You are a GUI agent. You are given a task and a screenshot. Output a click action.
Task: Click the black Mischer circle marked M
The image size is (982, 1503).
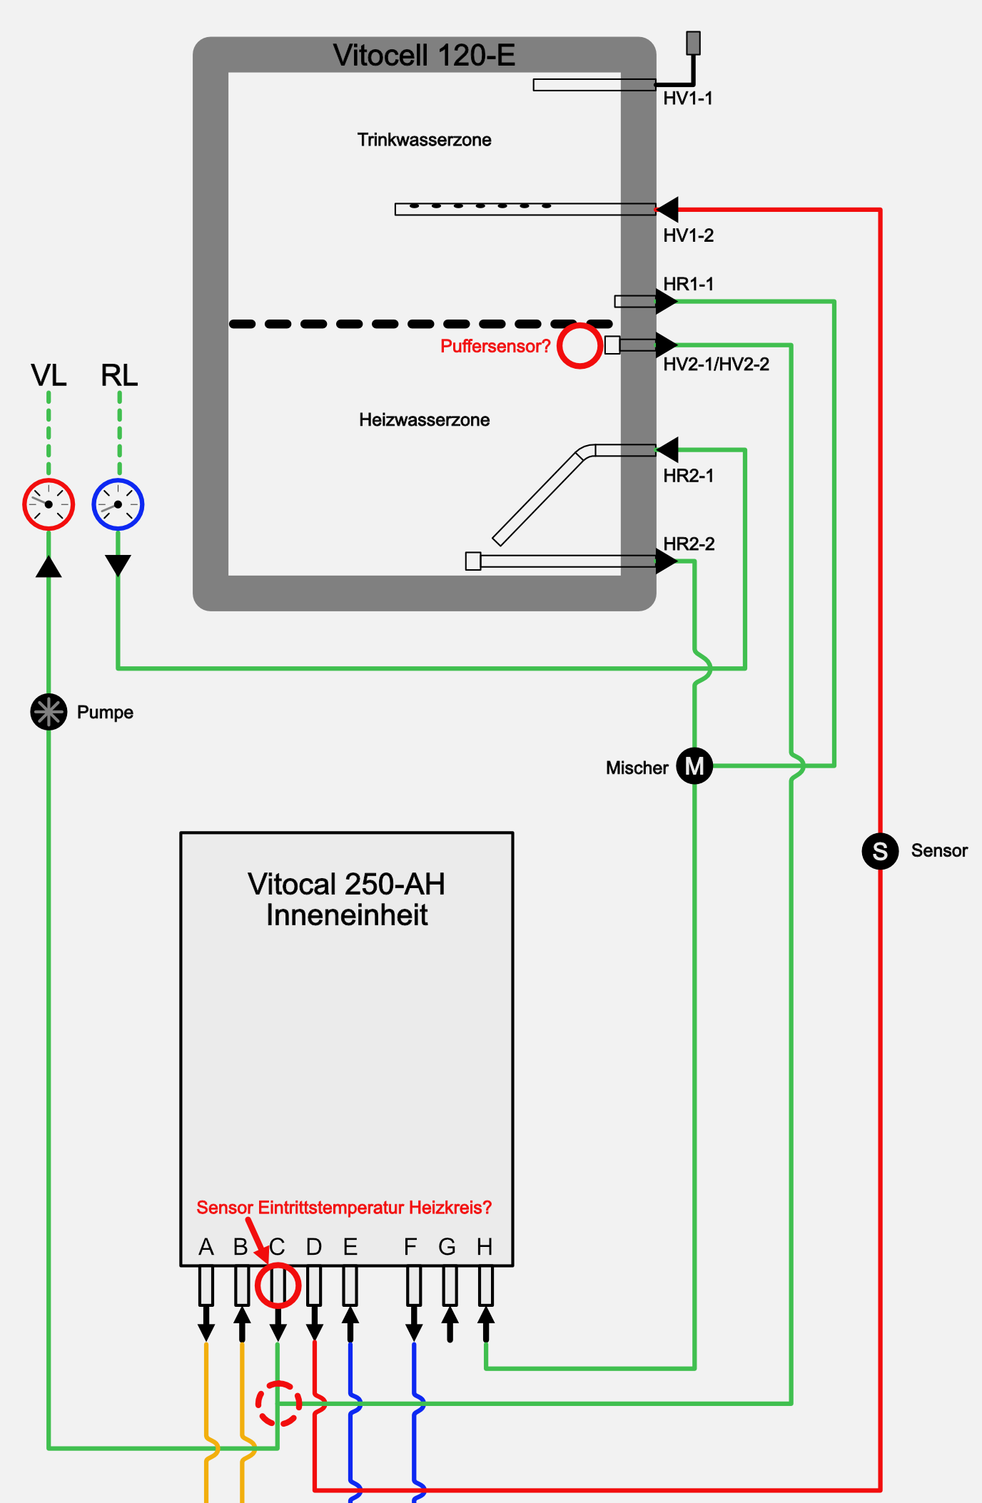pyautogui.click(x=694, y=766)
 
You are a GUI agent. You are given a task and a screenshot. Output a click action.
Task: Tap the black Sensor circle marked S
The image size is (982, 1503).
pyautogui.click(x=880, y=851)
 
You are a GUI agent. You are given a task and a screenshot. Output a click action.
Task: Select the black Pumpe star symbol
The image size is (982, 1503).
pyautogui.click(x=49, y=712)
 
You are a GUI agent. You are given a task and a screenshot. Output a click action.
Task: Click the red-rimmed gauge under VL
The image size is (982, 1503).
pyautogui.click(x=49, y=504)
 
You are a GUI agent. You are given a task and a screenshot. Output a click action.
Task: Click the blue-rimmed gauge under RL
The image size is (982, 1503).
pyautogui.click(x=118, y=504)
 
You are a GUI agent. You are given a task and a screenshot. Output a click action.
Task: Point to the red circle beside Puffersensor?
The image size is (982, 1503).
pyautogui.click(x=579, y=346)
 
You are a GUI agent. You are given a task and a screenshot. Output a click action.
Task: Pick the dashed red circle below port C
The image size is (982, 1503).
pyautogui.click(x=278, y=1404)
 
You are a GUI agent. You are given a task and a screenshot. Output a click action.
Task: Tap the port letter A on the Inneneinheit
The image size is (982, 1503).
pyautogui.click(x=206, y=1247)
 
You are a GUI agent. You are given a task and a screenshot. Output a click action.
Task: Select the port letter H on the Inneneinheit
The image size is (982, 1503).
pyautogui.click(x=485, y=1247)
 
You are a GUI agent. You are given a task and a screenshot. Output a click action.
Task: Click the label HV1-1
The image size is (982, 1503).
pyautogui.click(x=688, y=98)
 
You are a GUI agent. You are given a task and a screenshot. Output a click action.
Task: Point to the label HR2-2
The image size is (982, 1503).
pyautogui.click(x=689, y=544)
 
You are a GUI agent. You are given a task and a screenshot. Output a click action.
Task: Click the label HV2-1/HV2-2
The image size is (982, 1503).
pyautogui.click(x=716, y=365)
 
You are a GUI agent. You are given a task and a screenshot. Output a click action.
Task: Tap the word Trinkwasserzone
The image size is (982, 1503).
pyautogui.click(x=424, y=140)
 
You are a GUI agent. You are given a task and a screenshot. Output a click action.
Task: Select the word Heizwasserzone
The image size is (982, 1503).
pyautogui.click(x=424, y=420)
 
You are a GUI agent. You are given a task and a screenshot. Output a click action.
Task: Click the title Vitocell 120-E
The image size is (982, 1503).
pyautogui.click(x=424, y=56)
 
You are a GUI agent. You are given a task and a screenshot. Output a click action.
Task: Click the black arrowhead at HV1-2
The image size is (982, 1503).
pyautogui.click(x=668, y=210)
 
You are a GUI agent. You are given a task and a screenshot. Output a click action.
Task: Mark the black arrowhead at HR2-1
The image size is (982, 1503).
pyautogui.click(x=668, y=450)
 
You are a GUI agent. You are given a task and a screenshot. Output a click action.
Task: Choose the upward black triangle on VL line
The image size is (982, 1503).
pyautogui.click(x=49, y=567)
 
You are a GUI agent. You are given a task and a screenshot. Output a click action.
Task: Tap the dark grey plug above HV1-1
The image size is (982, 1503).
pyautogui.click(x=693, y=43)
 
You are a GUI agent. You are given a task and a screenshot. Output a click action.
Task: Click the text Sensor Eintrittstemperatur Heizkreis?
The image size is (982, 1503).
pyautogui.click(x=344, y=1208)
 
